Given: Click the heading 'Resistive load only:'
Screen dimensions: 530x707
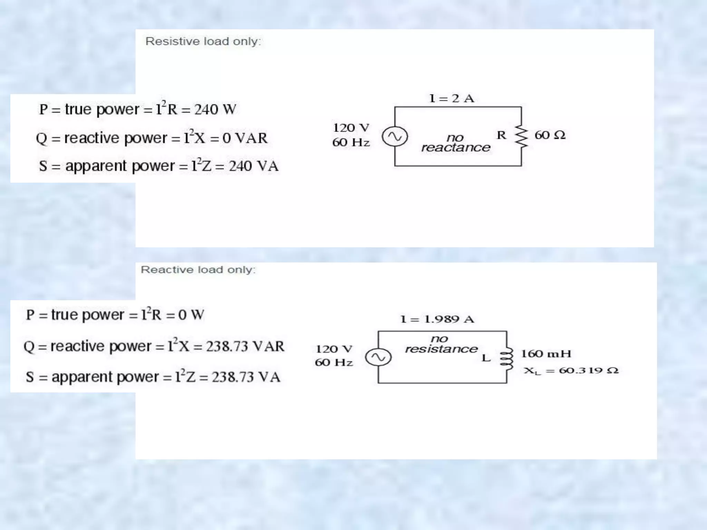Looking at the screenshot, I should tap(203, 41).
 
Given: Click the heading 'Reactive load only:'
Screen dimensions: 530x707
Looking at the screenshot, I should tap(198, 269).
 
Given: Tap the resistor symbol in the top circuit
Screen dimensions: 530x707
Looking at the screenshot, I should tap(521, 136).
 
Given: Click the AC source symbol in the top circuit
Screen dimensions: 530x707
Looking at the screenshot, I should tap(395, 137).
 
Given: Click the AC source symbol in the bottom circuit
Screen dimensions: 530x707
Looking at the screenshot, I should tap(378, 357).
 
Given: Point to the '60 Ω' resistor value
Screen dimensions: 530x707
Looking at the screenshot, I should tap(550, 135).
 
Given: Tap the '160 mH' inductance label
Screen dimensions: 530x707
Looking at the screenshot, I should tap(546, 354).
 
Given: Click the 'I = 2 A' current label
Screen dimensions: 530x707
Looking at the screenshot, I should tap(451, 98).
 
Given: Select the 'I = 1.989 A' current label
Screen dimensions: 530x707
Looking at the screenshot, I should tap(437, 319).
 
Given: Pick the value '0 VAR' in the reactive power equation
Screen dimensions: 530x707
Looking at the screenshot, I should tap(245, 138).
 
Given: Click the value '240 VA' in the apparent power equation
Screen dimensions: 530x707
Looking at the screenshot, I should tap(253, 166).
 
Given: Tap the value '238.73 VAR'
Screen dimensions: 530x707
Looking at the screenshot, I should tap(245, 346).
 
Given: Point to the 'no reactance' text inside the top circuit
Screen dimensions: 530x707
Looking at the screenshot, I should tap(456, 143).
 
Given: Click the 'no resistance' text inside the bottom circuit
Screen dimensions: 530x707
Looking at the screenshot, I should tap(441, 344).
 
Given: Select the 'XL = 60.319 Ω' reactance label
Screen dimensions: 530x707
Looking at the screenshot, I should tap(571, 371).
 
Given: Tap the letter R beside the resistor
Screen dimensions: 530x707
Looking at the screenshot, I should tap(501, 135).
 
